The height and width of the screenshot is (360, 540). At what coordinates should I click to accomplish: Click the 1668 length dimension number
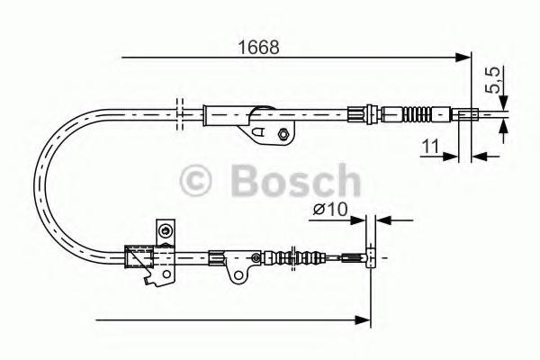tap(258, 48)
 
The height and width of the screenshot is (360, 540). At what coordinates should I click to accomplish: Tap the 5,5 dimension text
tap(492, 80)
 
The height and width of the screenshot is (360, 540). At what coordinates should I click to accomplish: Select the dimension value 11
tap(430, 147)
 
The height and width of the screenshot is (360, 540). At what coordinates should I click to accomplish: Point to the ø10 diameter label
tap(330, 209)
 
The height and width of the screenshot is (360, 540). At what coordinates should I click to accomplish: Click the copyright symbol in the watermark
tap(195, 181)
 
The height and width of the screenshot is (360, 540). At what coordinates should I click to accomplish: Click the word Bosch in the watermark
tap(296, 180)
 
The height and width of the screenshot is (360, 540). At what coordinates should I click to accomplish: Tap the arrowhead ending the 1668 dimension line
tap(463, 58)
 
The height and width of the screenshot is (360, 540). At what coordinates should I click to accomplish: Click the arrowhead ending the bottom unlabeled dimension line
tap(363, 320)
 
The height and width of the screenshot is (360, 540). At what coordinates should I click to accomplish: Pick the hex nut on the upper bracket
tap(283, 134)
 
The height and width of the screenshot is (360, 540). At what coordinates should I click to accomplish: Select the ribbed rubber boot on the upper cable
tap(417, 114)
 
